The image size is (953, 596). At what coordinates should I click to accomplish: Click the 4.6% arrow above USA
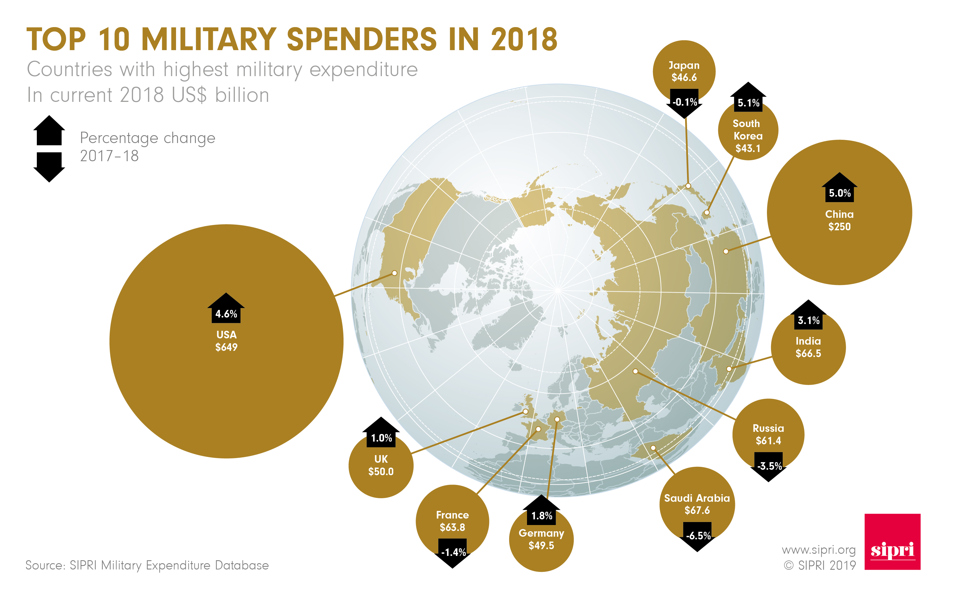(x=226, y=309)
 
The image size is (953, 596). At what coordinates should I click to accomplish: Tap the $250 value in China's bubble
(x=839, y=227)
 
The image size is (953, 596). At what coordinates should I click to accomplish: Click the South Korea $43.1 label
(x=747, y=136)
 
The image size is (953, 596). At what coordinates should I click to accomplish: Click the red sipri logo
(x=892, y=542)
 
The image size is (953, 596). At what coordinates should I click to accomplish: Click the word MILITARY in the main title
(x=209, y=40)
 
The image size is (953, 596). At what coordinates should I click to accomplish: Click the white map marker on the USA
(x=394, y=273)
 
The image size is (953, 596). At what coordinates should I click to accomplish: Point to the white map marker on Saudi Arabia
(x=653, y=448)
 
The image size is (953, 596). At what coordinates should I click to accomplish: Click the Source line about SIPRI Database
(x=147, y=565)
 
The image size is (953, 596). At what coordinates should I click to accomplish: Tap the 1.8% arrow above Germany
(x=541, y=511)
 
